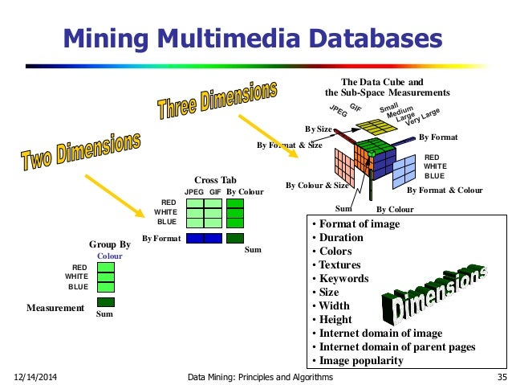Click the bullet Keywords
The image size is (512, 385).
[x=343, y=279]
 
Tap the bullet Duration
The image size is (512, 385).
[x=341, y=238]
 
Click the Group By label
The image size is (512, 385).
[x=109, y=244]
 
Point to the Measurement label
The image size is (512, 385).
[x=55, y=308]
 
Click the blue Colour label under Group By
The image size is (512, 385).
[x=109, y=256]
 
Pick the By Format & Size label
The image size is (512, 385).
[x=289, y=145]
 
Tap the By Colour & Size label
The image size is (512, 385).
[x=318, y=186]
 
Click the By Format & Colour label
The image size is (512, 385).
[x=445, y=190]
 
